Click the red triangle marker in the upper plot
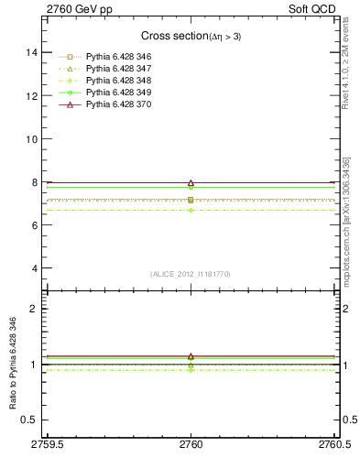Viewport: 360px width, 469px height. (191, 183)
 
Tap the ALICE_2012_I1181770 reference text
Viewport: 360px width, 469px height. (191, 273)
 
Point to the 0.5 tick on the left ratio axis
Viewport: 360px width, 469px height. (29, 420)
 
